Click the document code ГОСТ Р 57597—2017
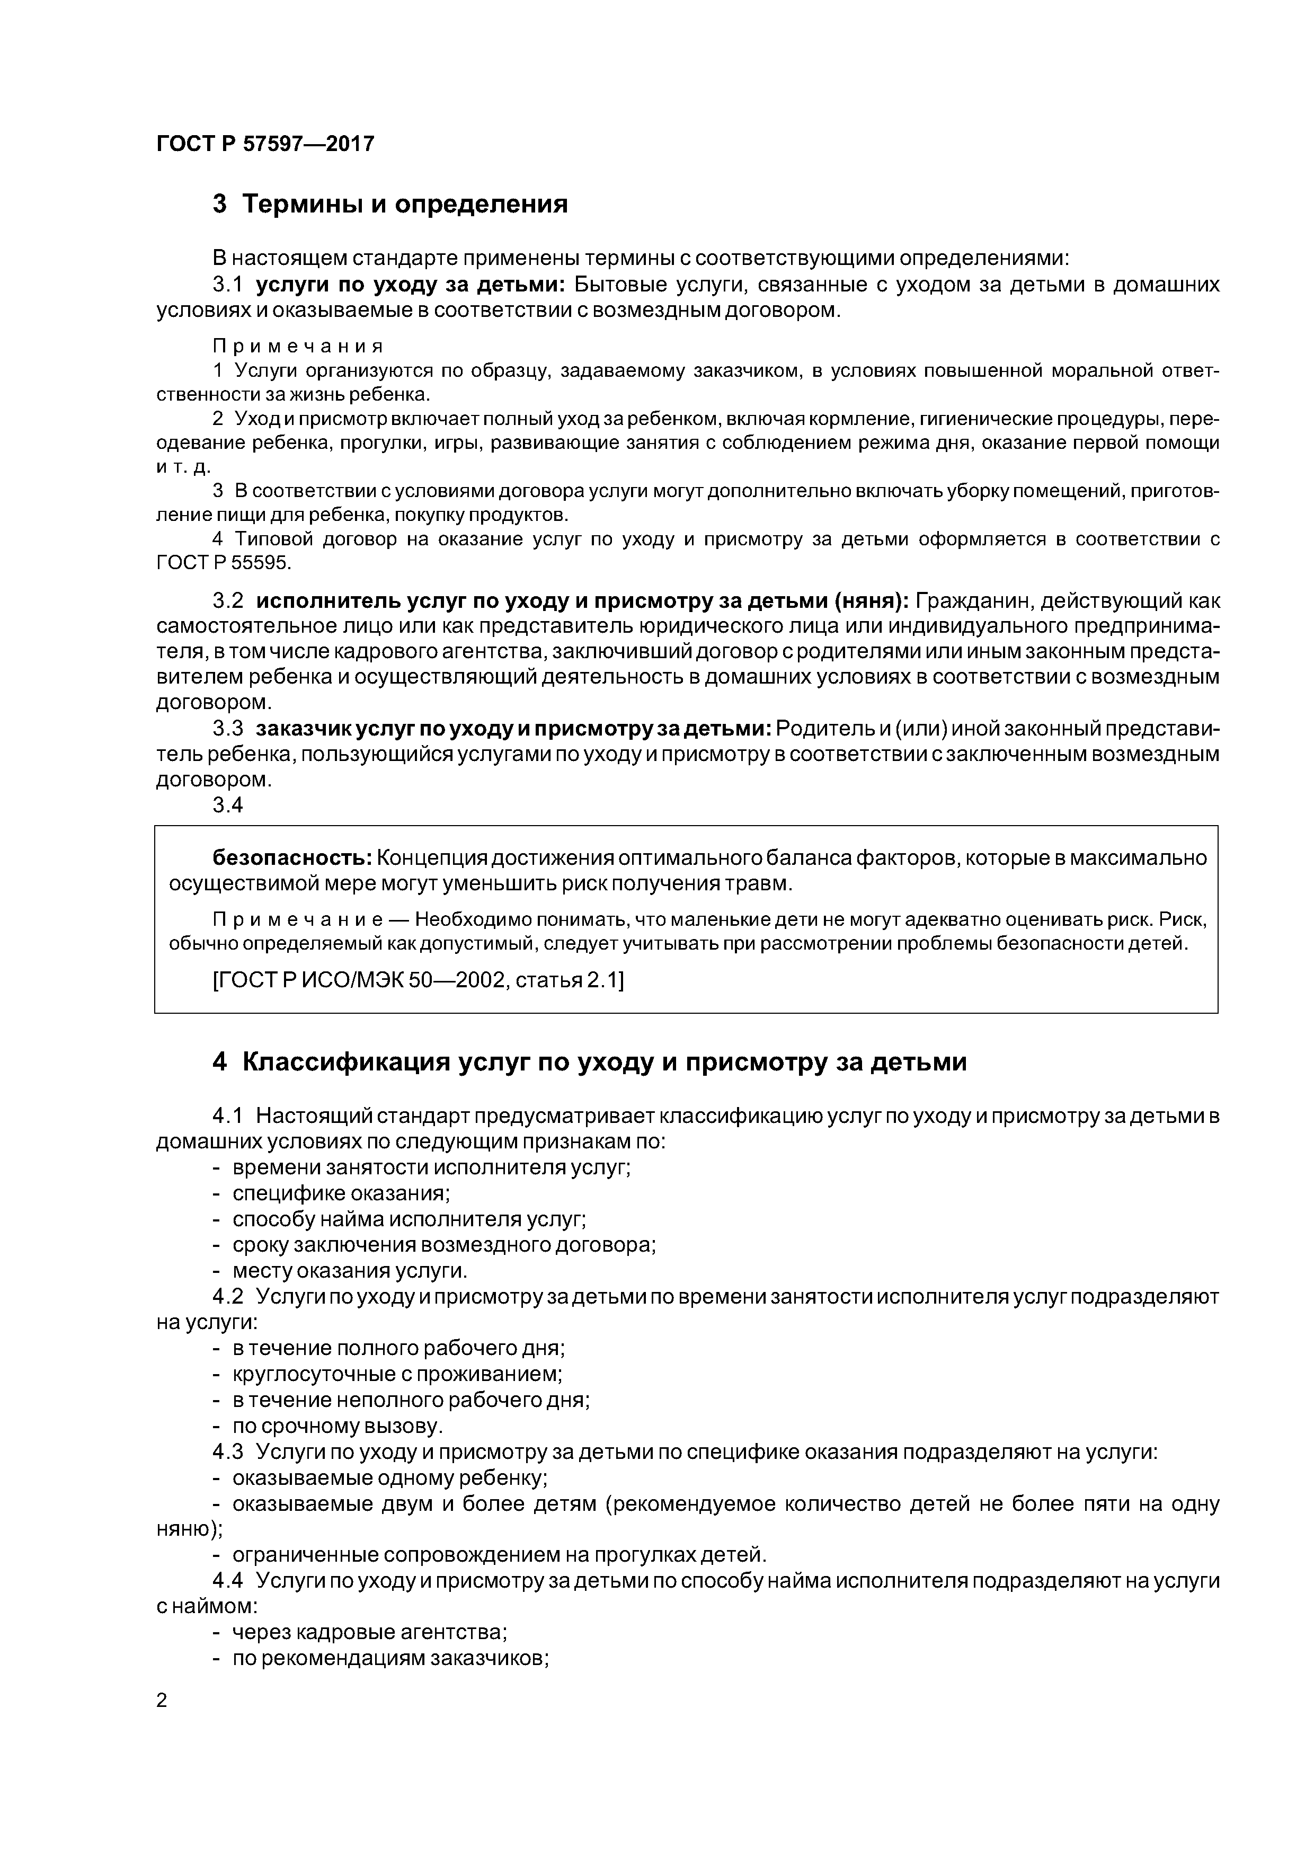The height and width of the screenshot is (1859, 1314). (x=265, y=144)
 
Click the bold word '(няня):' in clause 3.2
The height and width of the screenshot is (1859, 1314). (x=869, y=601)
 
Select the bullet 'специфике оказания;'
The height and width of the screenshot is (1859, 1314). (x=341, y=1193)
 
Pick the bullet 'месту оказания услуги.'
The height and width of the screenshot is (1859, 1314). (x=350, y=1270)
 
